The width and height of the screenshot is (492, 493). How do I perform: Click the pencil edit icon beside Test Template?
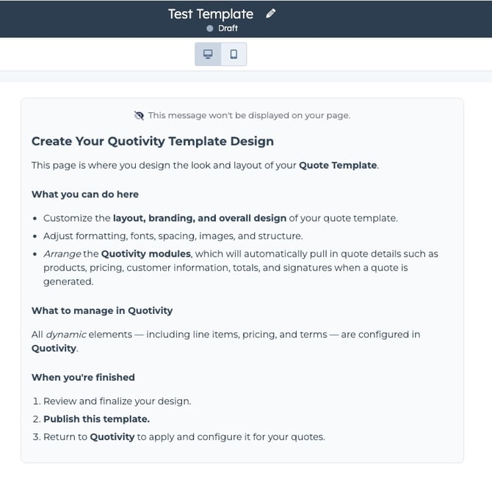(271, 13)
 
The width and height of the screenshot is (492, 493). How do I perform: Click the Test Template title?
(211, 14)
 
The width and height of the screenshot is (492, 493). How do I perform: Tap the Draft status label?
(228, 29)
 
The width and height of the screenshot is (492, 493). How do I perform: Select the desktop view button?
(208, 54)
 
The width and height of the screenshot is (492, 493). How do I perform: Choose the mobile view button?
(234, 54)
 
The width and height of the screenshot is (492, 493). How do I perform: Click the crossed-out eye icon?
(140, 115)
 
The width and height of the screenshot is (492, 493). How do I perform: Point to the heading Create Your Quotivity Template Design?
(153, 142)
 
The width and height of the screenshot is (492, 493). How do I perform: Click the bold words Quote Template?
(338, 166)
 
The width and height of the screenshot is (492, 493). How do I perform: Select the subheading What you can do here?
(85, 194)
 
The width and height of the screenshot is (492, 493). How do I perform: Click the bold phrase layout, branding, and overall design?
(199, 219)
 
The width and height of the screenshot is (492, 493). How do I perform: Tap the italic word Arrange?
(62, 254)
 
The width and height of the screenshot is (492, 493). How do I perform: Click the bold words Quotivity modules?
(146, 254)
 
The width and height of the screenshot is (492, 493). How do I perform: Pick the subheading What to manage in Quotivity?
(102, 310)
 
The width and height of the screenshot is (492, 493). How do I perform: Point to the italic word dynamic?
(66, 335)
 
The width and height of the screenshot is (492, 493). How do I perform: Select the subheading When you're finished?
(83, 377)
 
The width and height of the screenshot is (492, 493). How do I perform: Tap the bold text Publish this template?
(96, 419)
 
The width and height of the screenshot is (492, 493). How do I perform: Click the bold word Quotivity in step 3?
(112, 437)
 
